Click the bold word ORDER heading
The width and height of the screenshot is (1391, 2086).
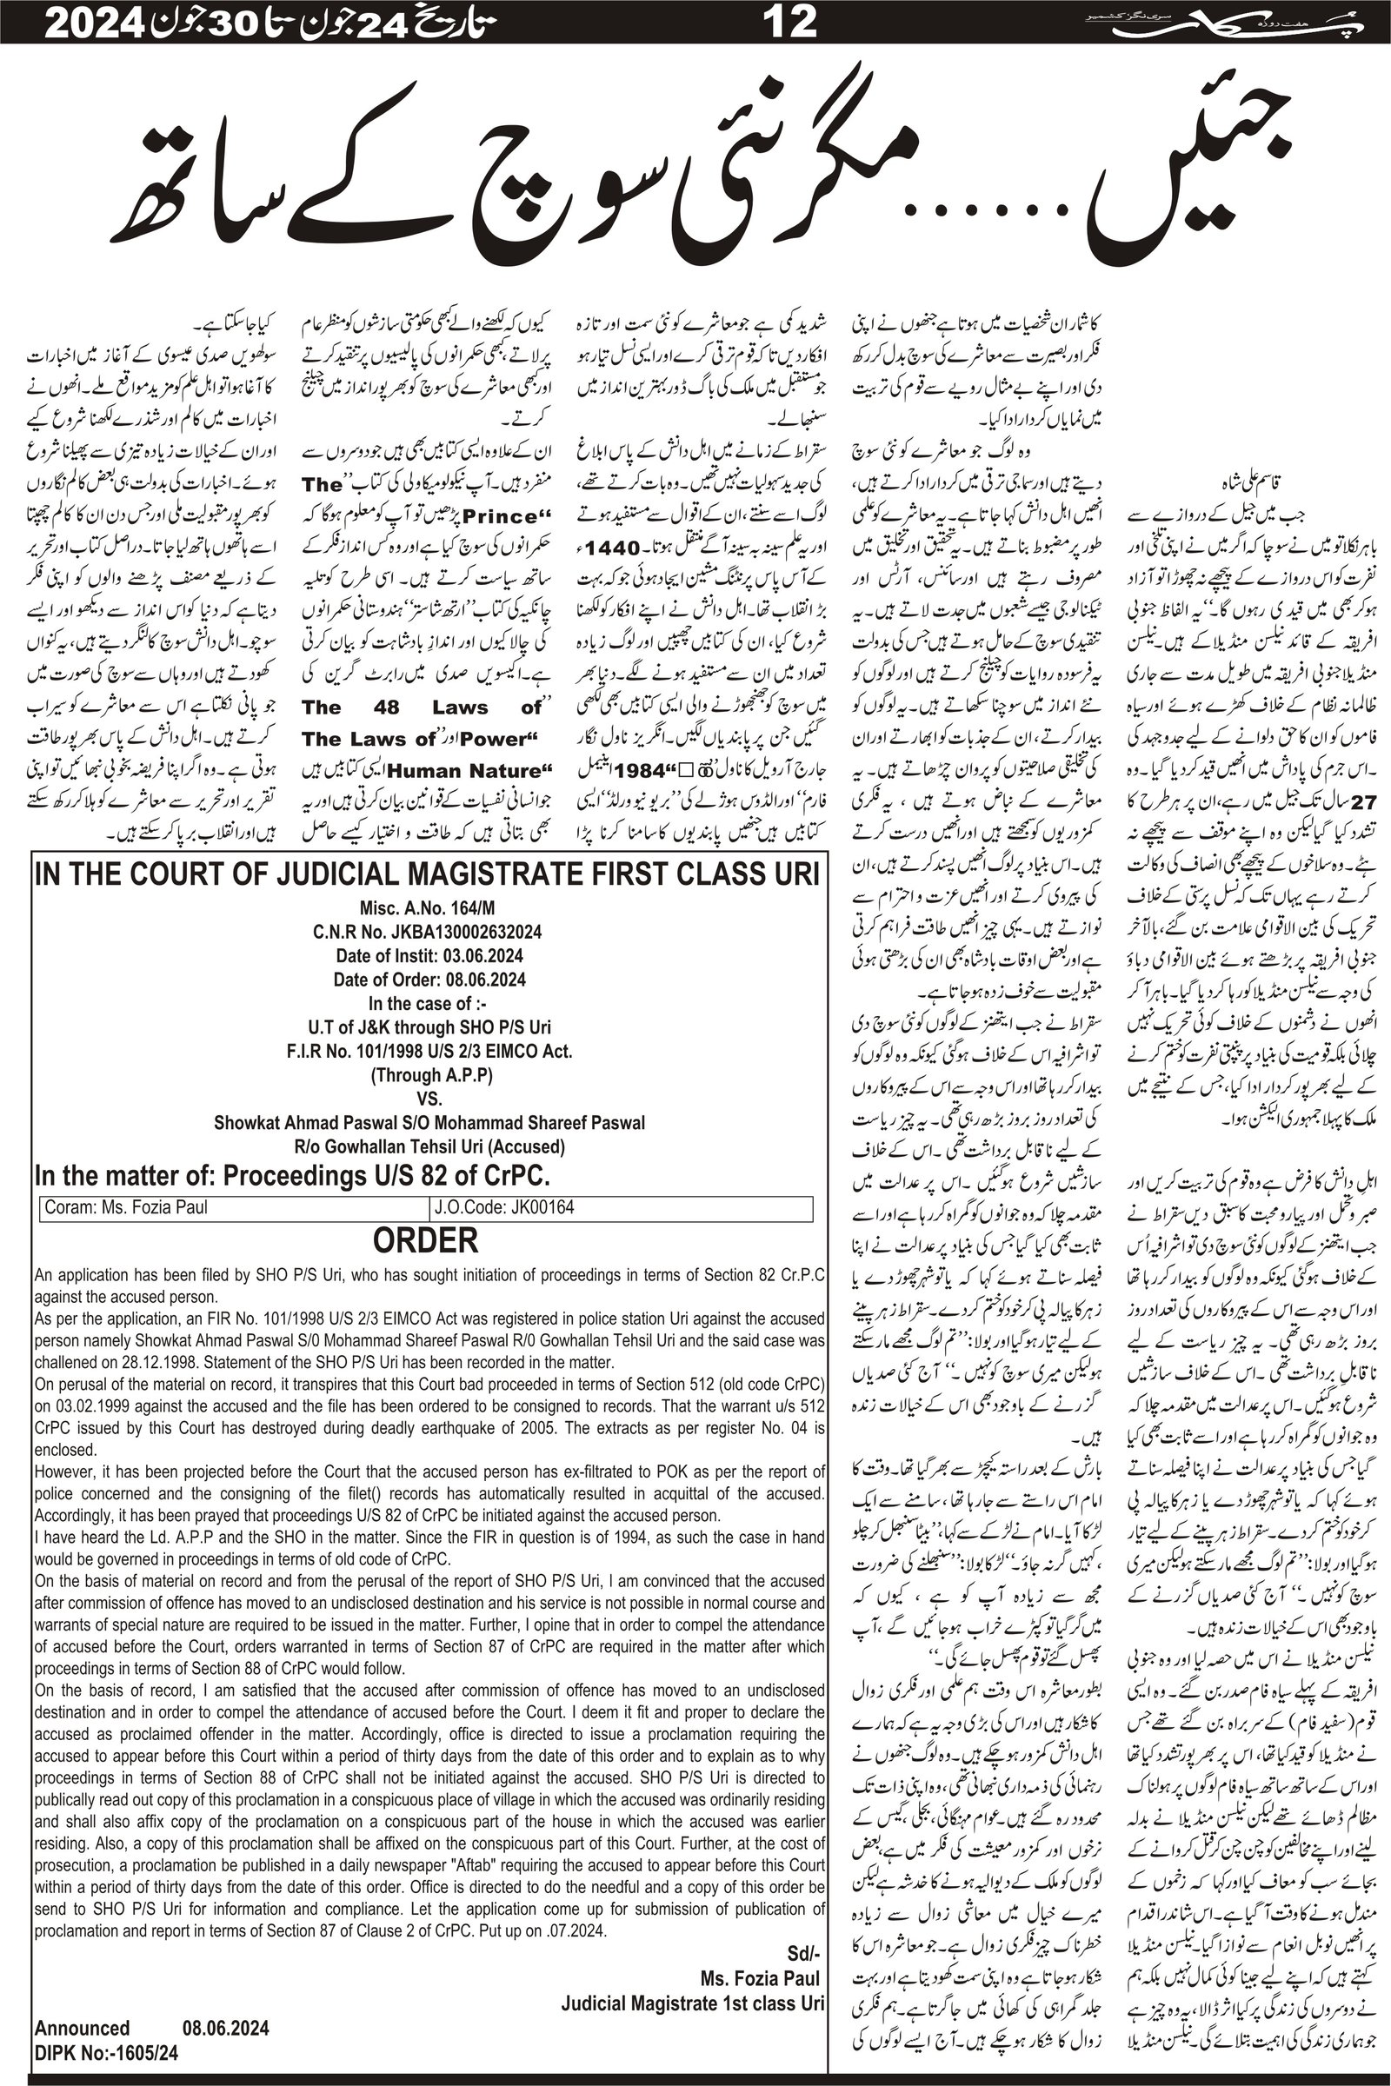[426, 1240]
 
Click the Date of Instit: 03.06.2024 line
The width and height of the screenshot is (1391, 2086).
[429, 956]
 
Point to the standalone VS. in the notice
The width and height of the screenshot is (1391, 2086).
[429, 1099]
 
